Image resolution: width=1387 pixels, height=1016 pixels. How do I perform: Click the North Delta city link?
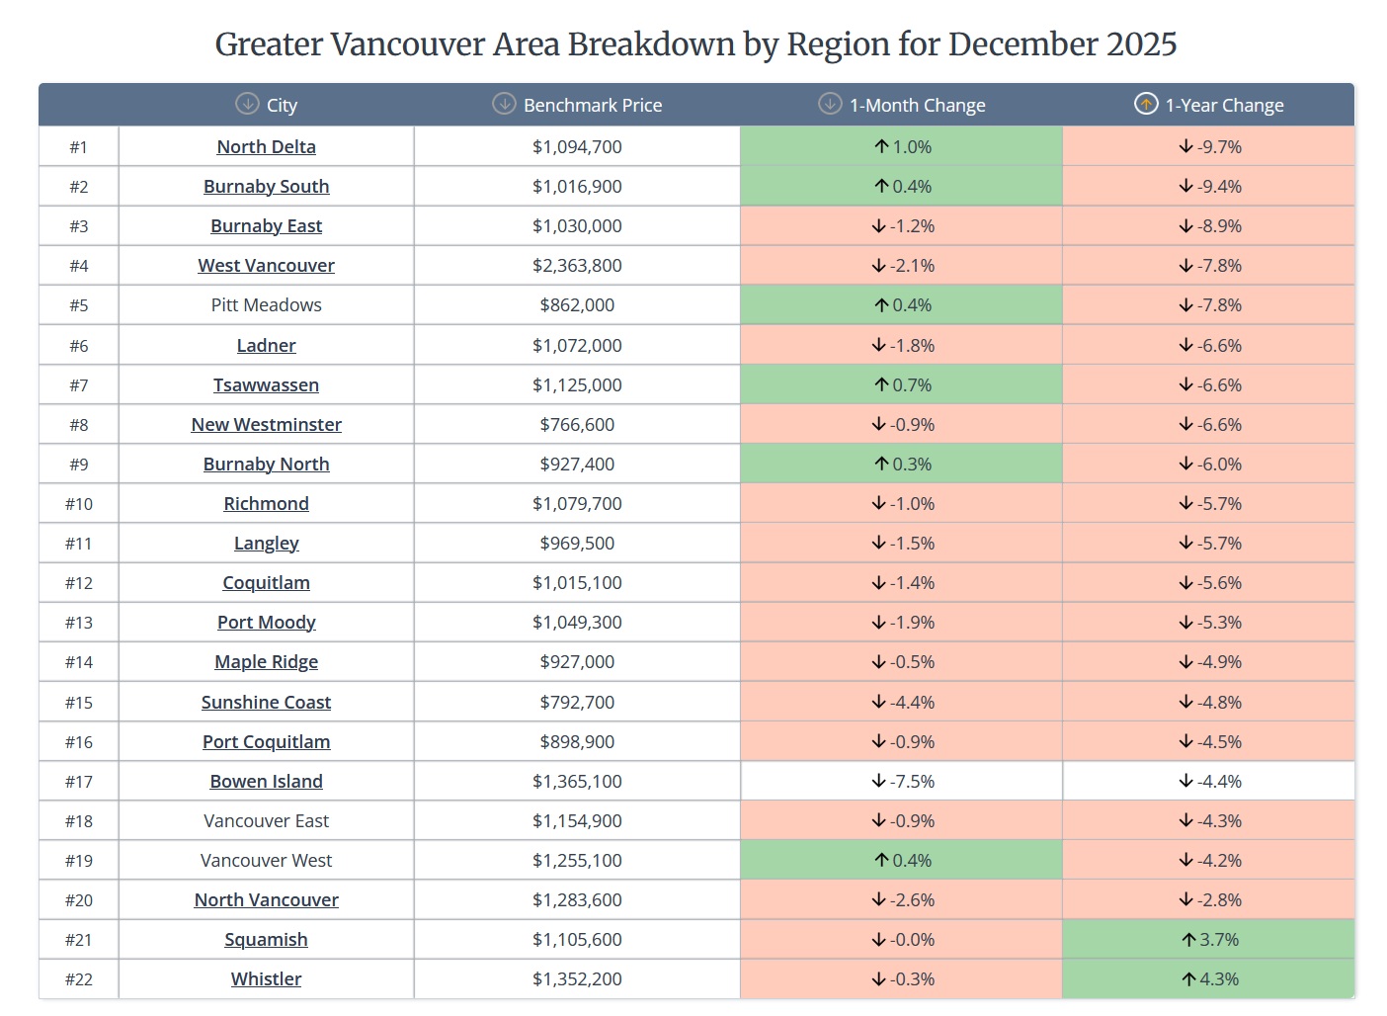point(266,147)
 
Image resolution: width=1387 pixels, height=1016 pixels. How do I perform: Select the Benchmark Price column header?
point(592,105)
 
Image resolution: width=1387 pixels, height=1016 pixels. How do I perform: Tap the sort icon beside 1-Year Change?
point(1145,104)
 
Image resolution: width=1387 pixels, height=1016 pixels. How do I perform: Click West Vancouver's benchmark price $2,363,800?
point(577,266)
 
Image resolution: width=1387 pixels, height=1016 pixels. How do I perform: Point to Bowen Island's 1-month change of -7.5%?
point(903,782)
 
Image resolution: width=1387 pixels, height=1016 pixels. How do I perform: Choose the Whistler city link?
point(266,979)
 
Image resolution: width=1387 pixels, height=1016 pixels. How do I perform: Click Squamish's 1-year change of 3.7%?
point(1209,940)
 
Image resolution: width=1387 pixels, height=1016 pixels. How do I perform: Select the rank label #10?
point(79,504)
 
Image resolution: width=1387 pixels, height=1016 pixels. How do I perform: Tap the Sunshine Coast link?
point(266,703)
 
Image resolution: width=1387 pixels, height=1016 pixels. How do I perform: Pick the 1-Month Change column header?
point(917,105)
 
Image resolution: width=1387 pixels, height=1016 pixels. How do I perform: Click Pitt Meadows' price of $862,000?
point(577,305)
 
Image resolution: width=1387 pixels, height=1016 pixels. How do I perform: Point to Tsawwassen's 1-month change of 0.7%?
point(903,385)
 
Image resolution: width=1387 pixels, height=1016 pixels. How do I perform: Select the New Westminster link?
point(266,425)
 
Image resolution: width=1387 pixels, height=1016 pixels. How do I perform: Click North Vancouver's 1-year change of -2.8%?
point(1209,900)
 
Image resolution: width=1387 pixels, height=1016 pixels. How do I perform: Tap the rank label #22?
point(79,979)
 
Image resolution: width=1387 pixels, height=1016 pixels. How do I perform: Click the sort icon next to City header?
point(247,104)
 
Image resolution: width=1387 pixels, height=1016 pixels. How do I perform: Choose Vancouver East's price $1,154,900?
point(577,821)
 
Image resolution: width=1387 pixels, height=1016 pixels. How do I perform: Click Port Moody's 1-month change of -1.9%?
point(903,623)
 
